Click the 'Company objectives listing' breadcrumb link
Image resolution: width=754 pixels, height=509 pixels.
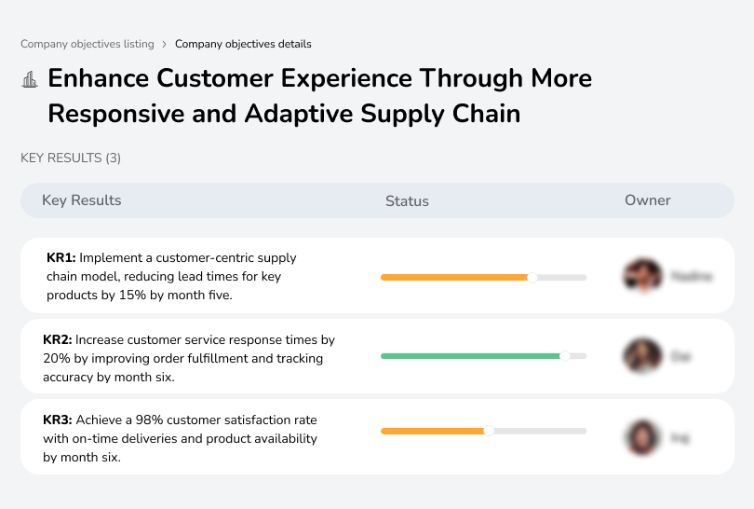(88, 44)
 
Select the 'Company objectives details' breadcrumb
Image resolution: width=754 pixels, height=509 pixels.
(243, 44)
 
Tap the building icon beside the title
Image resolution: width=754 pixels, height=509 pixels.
(30, 79)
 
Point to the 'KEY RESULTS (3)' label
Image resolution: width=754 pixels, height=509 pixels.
(71, 158)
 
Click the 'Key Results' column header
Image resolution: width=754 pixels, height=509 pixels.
(82, 200)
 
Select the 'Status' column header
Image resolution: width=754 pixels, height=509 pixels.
(407, 200)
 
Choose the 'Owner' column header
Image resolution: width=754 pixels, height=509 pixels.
(648, 200)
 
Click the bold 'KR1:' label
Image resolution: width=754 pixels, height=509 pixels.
(61, 257)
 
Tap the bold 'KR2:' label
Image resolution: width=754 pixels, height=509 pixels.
(58, 340)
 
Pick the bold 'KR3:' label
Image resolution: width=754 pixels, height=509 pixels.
(58, 420)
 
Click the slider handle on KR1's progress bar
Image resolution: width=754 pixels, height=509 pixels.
(532, 277)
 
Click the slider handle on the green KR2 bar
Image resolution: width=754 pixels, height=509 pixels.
(564, 356)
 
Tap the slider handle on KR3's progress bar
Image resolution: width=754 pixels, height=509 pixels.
(489, 431)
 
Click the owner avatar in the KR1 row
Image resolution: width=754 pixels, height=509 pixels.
(641, 276)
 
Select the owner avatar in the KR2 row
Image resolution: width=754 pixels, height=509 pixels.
(641, 356)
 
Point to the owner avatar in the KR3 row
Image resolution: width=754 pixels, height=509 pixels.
(641, 436)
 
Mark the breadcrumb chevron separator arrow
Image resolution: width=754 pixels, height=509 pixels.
(165, 44)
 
